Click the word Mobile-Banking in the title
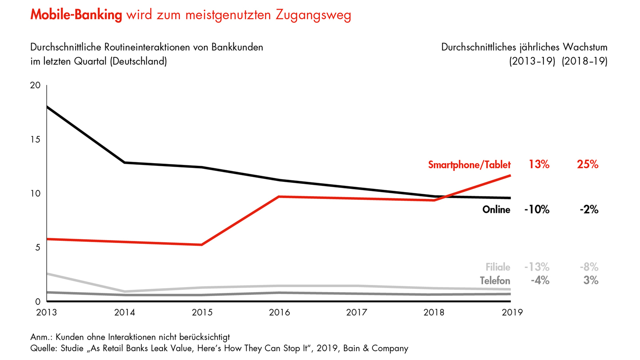[x=76, y=15]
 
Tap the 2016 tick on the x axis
[x=279, y=312]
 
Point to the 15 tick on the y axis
[x=36, y=140]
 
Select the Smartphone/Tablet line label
[x=469, y=164]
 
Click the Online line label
[x=496, y=209]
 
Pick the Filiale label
[x=498, y=267]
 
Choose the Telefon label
[x=495, y=281]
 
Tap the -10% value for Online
[x=536, y=209]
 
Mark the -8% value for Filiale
[x=588, y=267]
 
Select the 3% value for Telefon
[x=591, y=281]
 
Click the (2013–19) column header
[x=532, y=61]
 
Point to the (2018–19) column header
[x=584, y=61]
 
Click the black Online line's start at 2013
[x=47, y=107]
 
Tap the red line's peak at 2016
[x=279, y=196]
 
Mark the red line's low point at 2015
[x=202, y=244]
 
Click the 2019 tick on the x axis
[x=511, y=312]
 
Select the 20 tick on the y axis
[x=35, y=85]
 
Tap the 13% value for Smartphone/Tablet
[x=539, y=164]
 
